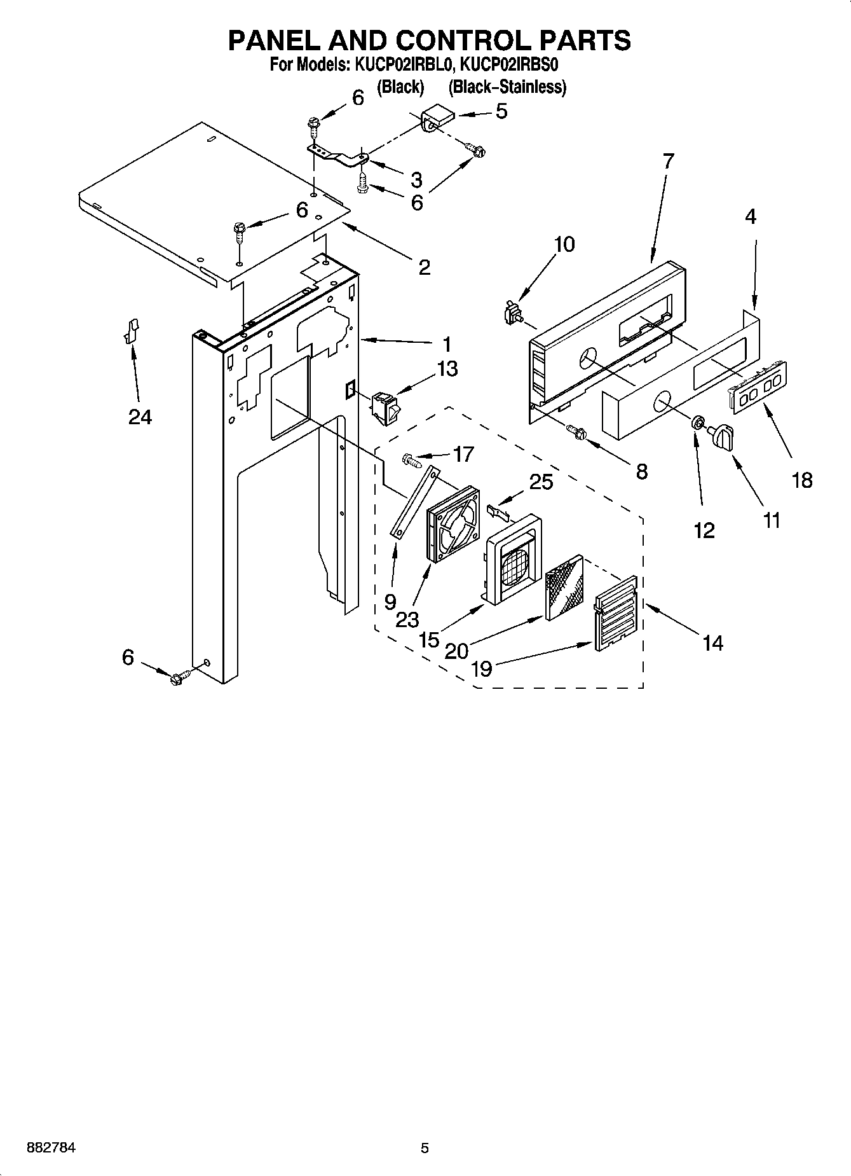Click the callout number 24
(x=140, y=417)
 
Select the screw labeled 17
(x=412, y=459)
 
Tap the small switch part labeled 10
(x=511, y=314)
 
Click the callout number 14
(x=712, y=643)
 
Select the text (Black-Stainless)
(x=507, y=87)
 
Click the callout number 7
(x=667, y=161)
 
